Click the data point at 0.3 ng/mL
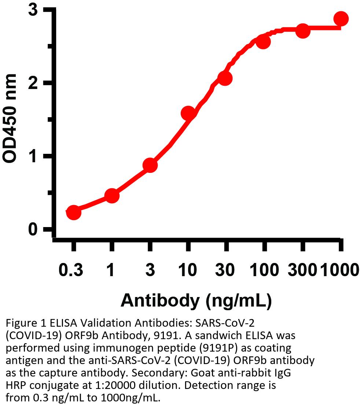[73, 212]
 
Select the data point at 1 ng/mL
[112, 196]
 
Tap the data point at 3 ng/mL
[150, 165]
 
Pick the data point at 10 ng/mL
[188, 113]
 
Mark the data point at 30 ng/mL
[225, 78]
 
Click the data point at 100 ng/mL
[263, 42]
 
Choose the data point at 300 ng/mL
[303, 31]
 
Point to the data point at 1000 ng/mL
[341, 19]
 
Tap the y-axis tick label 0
[34, 230]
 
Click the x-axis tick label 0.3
[71, 270]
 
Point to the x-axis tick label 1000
[339, 270]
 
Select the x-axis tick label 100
[264, 270]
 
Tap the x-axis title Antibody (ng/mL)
[196, 301]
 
